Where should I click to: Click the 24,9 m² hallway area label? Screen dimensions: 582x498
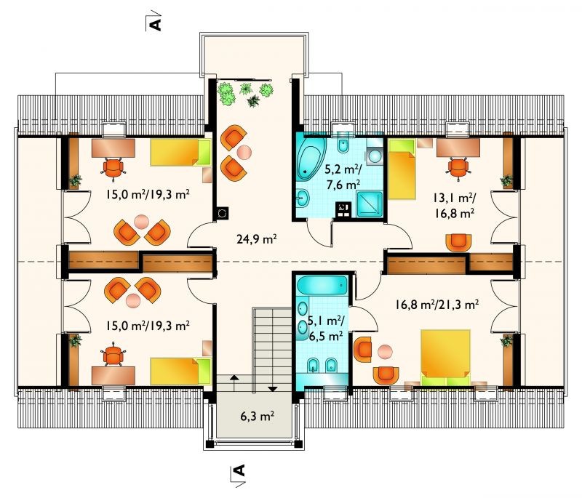[256, 239]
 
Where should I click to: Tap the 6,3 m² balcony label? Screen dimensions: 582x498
[258, 416]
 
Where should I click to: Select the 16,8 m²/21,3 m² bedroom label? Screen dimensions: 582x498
[436, 305]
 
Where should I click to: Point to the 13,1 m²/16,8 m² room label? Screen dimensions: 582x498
[453, 206]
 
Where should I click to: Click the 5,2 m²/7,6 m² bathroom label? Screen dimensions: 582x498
[342, 177]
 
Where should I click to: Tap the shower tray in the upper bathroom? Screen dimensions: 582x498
[370, 204]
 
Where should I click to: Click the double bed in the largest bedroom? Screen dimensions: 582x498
[445, 358]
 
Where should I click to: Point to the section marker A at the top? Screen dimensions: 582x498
[155, 23]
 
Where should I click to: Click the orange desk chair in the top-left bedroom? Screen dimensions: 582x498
[113, 167]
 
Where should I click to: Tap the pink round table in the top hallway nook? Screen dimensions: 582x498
[244, 152]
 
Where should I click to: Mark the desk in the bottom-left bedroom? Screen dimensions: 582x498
[113, 375]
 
